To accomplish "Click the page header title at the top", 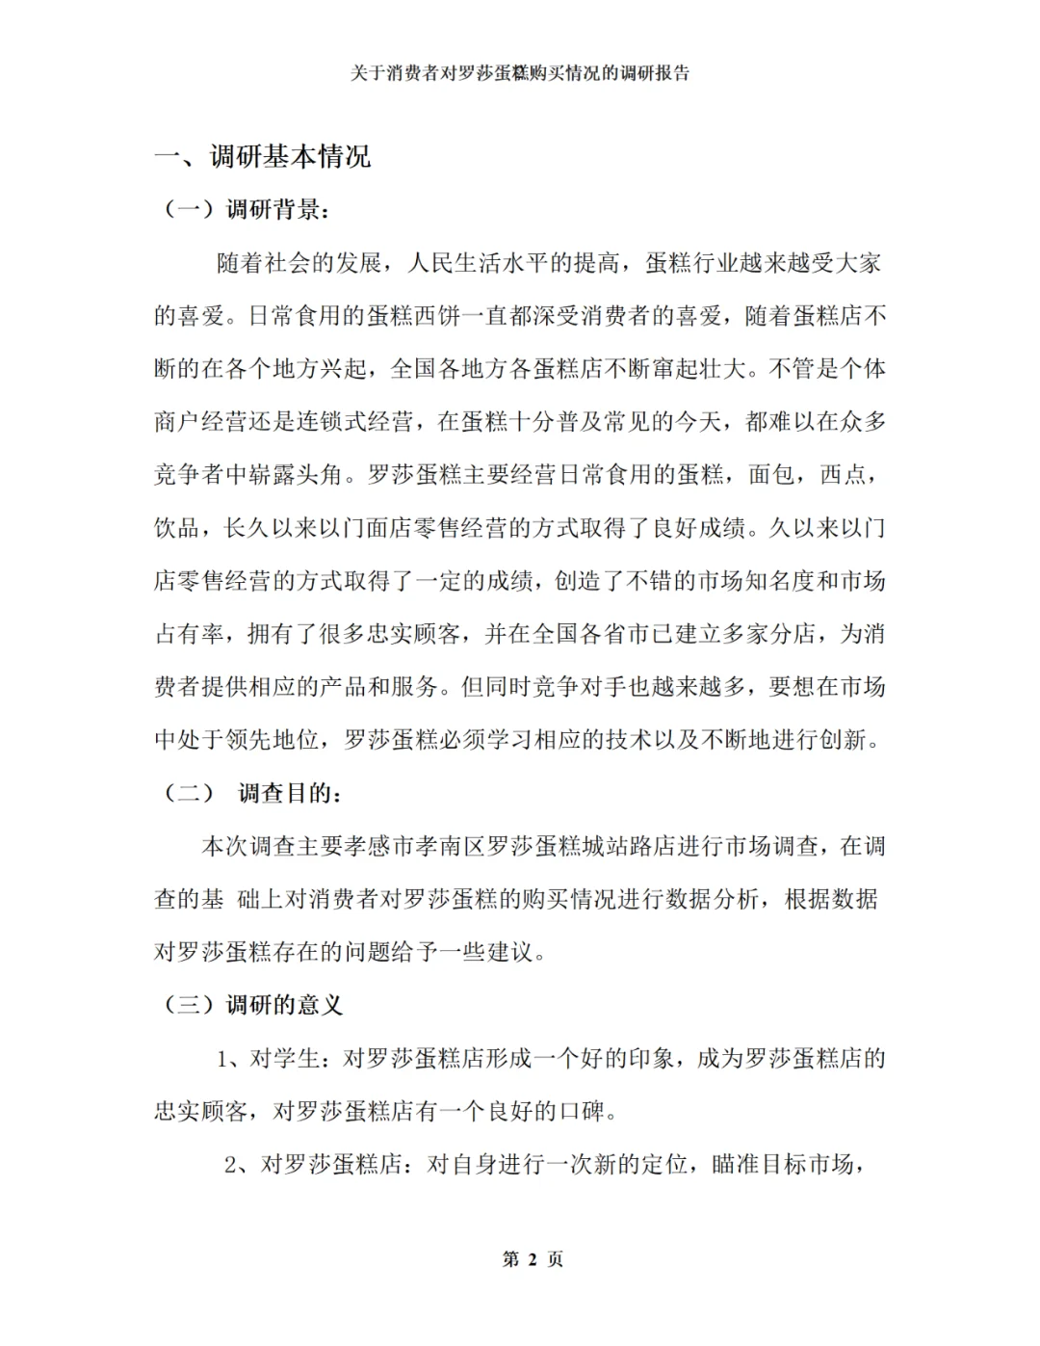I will tap(520, 73).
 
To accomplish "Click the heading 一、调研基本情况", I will tap(263, 156).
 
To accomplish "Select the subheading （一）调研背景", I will tap(246, 209).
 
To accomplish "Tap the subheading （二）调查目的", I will tap(251, 793).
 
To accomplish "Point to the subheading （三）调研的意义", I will tap(253, 1005).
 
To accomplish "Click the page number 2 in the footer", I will tap(533, 1259).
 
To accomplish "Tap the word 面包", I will tap(771, 474).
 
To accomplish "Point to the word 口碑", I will tap(583, 1111).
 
